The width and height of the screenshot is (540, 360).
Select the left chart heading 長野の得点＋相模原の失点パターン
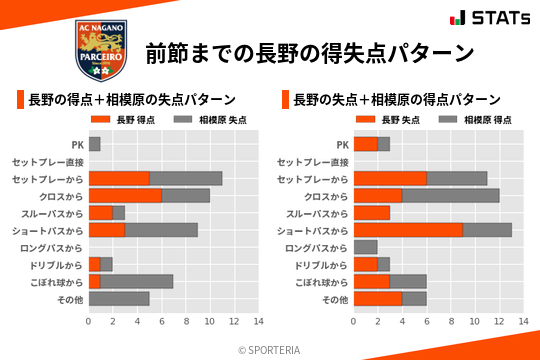(131, 100)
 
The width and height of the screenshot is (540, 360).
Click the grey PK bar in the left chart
(94, 144)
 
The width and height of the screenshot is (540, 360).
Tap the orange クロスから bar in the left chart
(125, 196)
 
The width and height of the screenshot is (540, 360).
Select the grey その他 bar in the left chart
(119, 299)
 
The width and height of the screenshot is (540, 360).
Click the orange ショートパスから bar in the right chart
(408, 230)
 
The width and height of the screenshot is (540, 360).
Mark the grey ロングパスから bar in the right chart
(365, 247)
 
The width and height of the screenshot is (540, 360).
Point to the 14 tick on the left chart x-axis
(258, 322)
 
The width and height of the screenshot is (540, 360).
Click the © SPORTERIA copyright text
(270, 349)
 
